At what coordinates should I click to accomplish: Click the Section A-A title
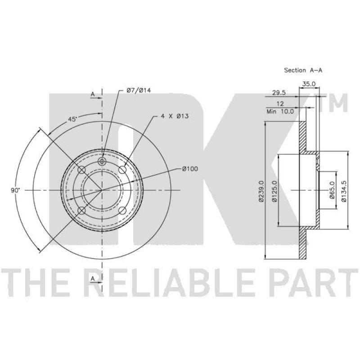pyautogui.click(x=303, y=70)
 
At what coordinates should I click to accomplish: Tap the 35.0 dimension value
pyautogui.click(x=309, y=84)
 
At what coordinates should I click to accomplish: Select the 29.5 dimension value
pyautogui.click(x=279, y=93)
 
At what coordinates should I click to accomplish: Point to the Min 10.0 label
pyautogui.click(x=280, y=112)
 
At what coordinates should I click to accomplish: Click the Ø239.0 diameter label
pyautogui.click(x=261, y=191)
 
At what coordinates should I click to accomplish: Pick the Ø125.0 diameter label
pyautogui.click(x=274, y=191)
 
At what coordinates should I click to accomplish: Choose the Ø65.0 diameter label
pyautogui.click(x=332, y=189)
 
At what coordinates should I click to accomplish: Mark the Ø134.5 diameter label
pyautogui.click(x=344, y=191)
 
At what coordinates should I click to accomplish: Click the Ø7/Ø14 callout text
pyautogui.click(x=139, y=90)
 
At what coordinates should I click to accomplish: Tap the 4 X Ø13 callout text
pyautogui.click(x=175, y=116)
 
